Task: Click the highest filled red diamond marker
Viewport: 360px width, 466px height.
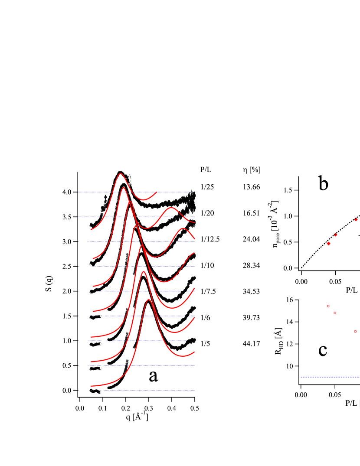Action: [x=356, y=220]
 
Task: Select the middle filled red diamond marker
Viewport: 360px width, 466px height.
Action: [x=335, y=235]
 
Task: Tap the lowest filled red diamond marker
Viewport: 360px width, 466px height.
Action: [x=328, y=243]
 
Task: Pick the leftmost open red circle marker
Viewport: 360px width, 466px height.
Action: [x=328, y=306]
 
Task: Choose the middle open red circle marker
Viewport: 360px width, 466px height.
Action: [x=335, y=313]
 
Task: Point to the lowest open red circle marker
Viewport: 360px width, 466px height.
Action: [x=355, y=331]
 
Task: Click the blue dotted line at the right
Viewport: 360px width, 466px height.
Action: [x=330, y=377]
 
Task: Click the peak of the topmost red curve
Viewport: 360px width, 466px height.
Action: [x=121, y=173]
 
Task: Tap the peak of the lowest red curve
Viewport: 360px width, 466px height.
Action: [x=149, y=300]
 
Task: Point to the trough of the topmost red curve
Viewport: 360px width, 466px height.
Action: [x=144, y=200]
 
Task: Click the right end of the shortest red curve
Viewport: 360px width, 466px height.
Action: [x=157, y=191]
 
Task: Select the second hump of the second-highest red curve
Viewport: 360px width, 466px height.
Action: [x=171, y=208]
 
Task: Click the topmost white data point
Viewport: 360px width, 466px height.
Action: [x=130, y=172]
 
